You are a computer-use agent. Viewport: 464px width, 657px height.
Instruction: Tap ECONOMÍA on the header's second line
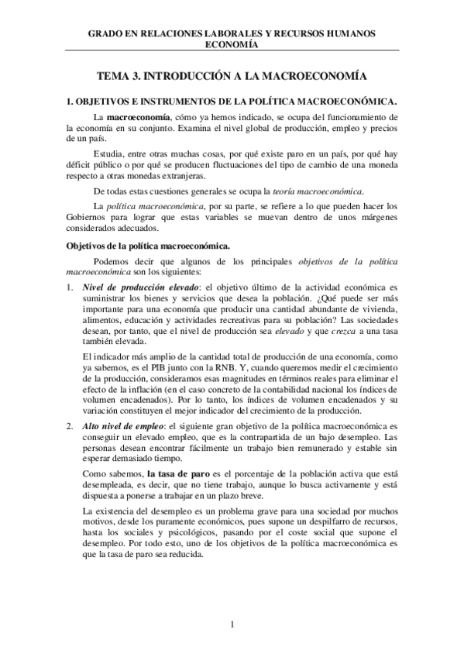(232, 45)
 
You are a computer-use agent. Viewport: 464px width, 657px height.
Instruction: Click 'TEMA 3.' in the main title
(121, 77)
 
